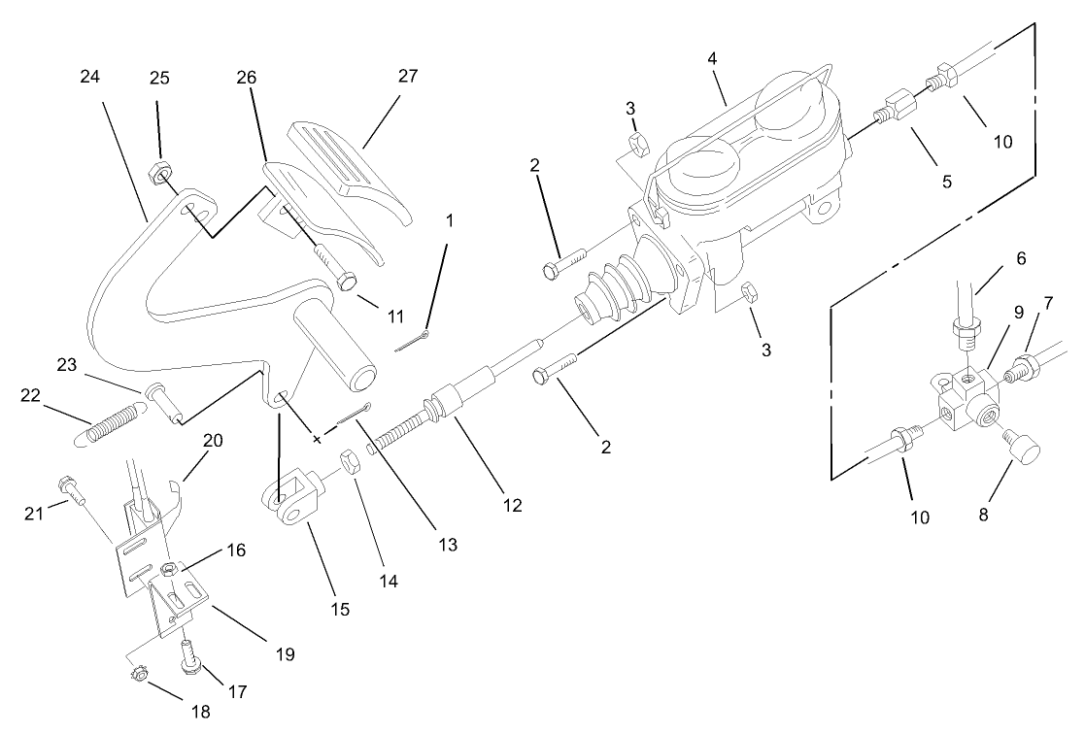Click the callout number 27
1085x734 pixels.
(408, 77)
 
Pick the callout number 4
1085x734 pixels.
(712, 58)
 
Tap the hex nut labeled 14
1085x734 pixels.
(353, 459)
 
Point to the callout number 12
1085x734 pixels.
(512, 505)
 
